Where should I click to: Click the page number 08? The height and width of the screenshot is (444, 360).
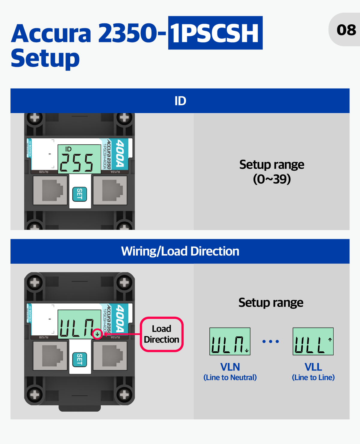[346, 30]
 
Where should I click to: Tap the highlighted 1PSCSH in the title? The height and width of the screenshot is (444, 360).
[215, 33]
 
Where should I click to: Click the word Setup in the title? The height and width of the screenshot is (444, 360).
[45, 58]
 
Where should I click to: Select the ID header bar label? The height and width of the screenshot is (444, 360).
[180, 101]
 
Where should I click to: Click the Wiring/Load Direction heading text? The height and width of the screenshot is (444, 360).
[180, 251]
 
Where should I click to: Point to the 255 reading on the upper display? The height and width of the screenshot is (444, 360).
[77, 163]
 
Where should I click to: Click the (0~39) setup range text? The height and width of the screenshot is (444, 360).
[272, 179]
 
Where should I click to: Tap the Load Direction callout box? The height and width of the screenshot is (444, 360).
[162, 334]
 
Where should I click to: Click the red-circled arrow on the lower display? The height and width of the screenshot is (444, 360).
[97, 334]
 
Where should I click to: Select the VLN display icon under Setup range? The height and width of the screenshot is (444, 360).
[230, 341]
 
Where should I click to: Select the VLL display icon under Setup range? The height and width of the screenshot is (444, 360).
[313, 341]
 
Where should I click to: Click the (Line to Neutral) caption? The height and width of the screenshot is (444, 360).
[230, 377]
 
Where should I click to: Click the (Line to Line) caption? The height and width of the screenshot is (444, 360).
[313, 377]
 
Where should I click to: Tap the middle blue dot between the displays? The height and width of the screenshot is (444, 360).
[271, 341]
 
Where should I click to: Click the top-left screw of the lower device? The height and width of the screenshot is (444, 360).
[35, 282]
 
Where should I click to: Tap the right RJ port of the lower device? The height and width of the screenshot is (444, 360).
[110, 356]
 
